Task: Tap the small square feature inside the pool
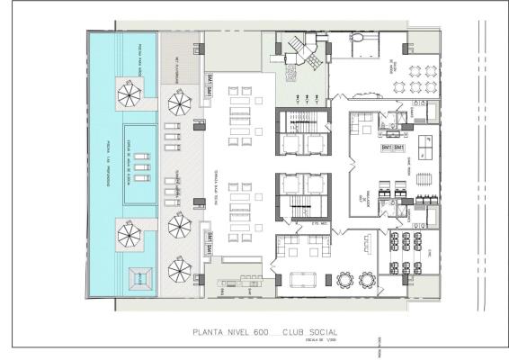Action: click(137, 279)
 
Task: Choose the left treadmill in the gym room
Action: click(380, 191)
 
